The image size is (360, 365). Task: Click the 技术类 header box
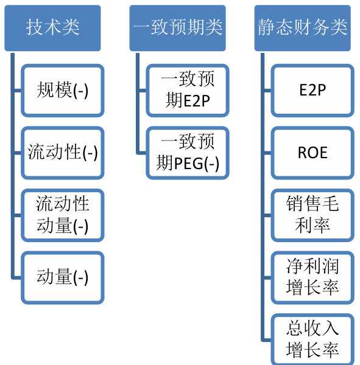[x=53, y=28]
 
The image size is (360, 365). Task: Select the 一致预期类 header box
[x=177, y=28]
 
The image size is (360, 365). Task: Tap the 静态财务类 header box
[x=302, y=28]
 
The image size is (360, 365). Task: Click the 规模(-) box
[x=63, y=91]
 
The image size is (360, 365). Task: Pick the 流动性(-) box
[x=63, y=153]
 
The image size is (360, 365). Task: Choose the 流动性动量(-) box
[x=63, y=215]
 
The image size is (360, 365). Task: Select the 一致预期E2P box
[x=188, y=91]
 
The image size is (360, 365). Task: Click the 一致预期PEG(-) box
[x=188, y=153]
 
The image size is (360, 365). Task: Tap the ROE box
[x=312, y=153]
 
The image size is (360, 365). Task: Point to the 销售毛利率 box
[x=312, y=215]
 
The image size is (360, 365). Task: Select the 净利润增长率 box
[x=312, y=278]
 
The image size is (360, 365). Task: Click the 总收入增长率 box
[x=312, y=339]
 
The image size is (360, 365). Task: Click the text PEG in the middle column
[x=189, y=164]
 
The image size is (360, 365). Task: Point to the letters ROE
[x=312, y=153]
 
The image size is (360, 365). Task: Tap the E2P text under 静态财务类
[x=312, y=90]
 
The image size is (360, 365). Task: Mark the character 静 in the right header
[x=267, y=27]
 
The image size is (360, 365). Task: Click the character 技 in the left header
[x=35, y=27]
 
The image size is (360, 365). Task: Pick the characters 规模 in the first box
[x=54, y=90]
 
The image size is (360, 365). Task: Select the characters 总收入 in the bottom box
[x=312, y=328]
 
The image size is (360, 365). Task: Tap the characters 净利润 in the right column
[x=312, y=266]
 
